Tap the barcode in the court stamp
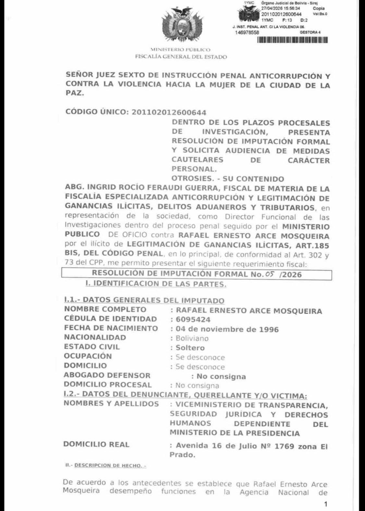pos(292,40)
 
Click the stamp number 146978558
pos(247,32)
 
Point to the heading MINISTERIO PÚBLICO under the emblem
pos(180,50)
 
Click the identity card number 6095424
pos(193,320)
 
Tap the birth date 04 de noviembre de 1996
pos(227,329)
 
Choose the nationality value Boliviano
pos(192,338)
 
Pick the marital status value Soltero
pos(190,348)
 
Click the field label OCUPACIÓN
pos(88,356)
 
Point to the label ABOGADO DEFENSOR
pos(107,375)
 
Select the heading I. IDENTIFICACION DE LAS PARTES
pos(156,284)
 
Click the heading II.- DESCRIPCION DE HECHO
pos(106,466)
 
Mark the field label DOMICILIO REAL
pos(96,444)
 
